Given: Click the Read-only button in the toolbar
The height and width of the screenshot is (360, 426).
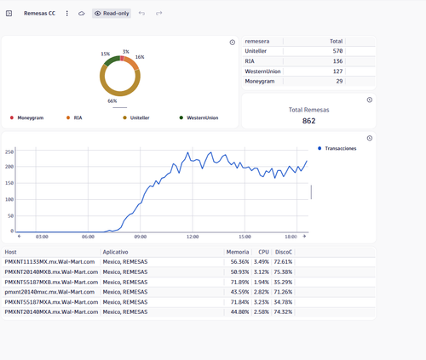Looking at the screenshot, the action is tap(112, 14).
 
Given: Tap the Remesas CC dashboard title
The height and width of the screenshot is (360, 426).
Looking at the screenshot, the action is tap(39, 14).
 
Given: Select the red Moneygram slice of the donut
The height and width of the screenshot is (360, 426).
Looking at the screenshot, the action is tap(122, 59).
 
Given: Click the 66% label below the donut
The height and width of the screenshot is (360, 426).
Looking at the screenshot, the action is tap(112, 101).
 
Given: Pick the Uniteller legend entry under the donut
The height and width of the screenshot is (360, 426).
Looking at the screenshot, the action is tap(136, 117).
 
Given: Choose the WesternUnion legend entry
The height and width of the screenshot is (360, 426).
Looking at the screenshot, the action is tap(199, 117).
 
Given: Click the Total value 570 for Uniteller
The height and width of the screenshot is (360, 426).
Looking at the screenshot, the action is tap(337, 51).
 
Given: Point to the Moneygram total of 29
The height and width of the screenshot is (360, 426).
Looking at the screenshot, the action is tap(339, 82).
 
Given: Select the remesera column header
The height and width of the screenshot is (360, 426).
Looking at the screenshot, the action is tap(257, 42).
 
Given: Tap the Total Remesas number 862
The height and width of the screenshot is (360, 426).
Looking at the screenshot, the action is tap(308, 121).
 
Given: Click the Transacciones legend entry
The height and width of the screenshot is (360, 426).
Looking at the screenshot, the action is tap(337, 148).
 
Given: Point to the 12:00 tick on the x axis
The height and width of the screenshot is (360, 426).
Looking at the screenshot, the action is tap(193, 237).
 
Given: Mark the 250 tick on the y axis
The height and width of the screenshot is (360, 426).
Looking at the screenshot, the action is tap(9, 152).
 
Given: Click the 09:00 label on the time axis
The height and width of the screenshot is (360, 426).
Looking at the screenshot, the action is tap(141, 237).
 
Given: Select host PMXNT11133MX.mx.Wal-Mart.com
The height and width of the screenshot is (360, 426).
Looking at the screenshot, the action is tap(49, 262).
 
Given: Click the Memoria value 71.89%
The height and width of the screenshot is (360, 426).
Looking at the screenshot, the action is tap(239, 283).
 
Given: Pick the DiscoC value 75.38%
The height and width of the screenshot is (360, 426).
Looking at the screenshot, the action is tap(283, 272).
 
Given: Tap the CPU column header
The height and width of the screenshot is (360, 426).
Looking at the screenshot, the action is tap(263, 252).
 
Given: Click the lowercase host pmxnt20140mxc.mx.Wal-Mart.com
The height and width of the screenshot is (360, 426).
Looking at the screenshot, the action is tap(49, 292).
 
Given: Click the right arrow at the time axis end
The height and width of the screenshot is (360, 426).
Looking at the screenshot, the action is tap(304, 237).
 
